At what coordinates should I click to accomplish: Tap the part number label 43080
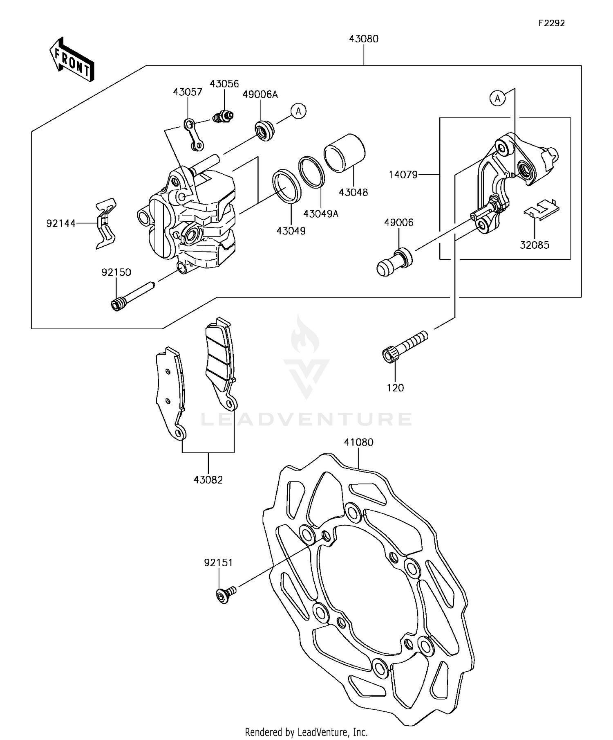(x=363, y=39)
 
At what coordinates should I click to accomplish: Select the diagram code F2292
(x=551, y=23)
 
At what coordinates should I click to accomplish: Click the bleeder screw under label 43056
(x=224, y=116)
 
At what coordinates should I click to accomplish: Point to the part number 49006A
(x=260, y=94)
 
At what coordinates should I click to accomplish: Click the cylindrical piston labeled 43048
(x=345, y=153)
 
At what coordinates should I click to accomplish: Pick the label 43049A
(x=321, y=214)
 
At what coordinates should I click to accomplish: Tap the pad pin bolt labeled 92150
(x=132, y=295)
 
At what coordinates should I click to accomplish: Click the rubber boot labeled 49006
(x=394, y=262)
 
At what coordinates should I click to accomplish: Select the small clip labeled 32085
(x=541, y=209)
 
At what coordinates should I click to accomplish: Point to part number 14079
(x=403, y=175)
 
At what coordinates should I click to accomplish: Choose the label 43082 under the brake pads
(x=208, y=480)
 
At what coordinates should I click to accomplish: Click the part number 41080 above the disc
(x=358, y=442)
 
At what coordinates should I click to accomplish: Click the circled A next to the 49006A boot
(x=299, y=111)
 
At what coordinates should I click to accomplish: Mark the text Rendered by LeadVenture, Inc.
(x=306, y=732)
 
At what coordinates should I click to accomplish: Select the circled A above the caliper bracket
(x=497, y=99)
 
